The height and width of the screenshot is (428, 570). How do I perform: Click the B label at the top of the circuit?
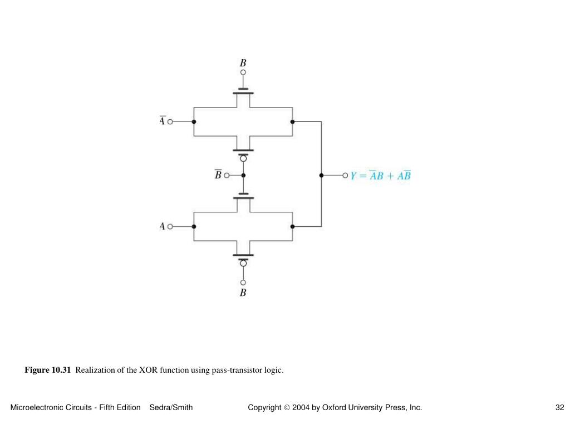pyautogui.click(x=243, y=63)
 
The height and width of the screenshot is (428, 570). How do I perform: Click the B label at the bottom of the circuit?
pyautogui.click(x=243, y=293)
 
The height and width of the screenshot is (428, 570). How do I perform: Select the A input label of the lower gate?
pyautogui.click(x=162, y=226)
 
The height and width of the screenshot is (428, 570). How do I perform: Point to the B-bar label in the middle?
pyautogui.click(x=218, y=175)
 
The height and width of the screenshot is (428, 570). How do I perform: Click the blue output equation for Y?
pyautogui.click(x=380, y=176)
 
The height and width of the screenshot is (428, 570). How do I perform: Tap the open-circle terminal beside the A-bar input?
pyautogui.click(x=170, y=121)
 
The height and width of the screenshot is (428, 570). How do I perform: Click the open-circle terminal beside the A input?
pyautogui.click(x=170, y=226)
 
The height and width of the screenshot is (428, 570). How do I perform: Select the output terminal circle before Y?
pyautogui.click(x=345, y=176)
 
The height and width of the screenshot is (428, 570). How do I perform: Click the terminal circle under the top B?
pyautogui.click(x=243, y=72)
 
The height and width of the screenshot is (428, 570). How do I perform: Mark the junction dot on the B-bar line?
pyautogui.click(x=243, y=175)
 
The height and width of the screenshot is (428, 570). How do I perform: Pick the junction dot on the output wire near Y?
pyautogui.click(x=321, y=176)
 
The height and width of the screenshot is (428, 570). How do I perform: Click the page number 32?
pyautogui.click(x=559, y=407)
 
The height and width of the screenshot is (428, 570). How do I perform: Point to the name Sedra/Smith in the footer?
pyautogui.click(x=171, y=407)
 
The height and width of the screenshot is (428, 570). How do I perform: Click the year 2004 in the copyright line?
pyautogui.click(x=301, y=407)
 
